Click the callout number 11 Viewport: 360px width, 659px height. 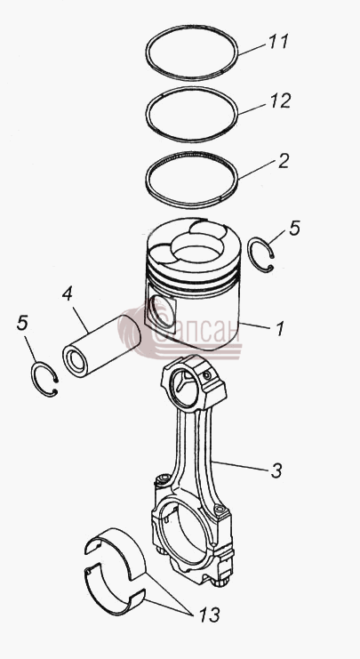coord(278,41)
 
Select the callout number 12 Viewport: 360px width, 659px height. coord(279,100)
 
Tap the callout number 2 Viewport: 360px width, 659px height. coord(284,161)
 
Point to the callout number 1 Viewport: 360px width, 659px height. coord(280,329)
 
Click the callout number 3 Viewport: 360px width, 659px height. coord(276,470)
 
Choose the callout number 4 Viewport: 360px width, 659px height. coord(68,294)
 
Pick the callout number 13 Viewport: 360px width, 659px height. coord(208,615)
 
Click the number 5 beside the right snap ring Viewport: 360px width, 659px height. coord(294,228)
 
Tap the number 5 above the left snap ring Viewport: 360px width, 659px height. coord(22,323)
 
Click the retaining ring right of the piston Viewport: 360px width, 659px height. coord(251,255)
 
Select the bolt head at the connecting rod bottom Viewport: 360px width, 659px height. coord(220,582)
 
